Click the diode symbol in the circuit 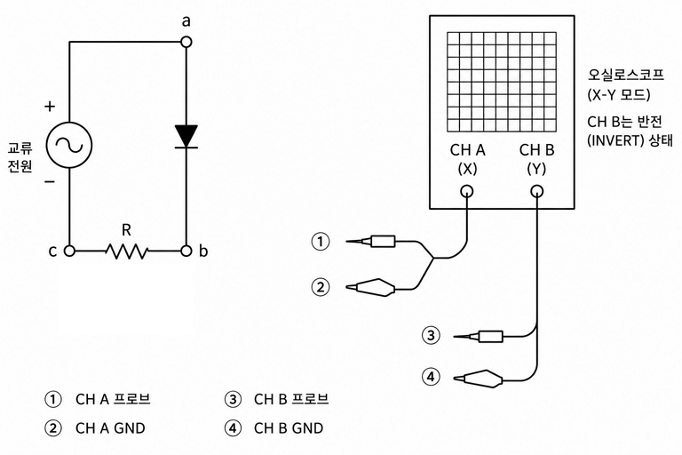coord(186,136)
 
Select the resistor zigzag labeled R coord(127,251)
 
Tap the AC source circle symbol coord(69,145)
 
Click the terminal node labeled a coord(186,42)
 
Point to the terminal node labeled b coord(186,251)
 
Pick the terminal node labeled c coord(69,251)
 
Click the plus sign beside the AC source coord(50,106)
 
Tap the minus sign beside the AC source coord(50,181)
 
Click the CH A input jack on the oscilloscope coord(467,191)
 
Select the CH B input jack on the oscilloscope coord(536,191)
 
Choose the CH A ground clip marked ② coord(370,287)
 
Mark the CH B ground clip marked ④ coord(478,379)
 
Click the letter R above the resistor coord(126,230)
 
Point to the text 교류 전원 coord(20,157)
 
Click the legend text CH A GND coord(110,428)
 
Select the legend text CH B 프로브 coord(291,399)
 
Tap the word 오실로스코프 coord(626,75)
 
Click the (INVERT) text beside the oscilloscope coord(615,141)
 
